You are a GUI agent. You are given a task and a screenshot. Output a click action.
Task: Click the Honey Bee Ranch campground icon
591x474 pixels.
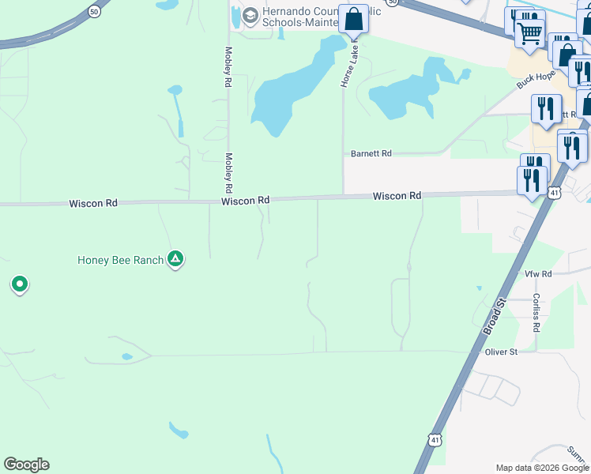coord(175,259)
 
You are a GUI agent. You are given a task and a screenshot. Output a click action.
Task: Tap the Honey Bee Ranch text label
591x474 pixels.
coord(120,259)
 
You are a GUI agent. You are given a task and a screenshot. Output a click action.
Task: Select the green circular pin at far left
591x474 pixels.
coord(20,284)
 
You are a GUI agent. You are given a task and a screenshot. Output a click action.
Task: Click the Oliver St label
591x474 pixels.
coord(501,352)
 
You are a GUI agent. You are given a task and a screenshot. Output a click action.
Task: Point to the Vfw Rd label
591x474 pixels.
coord(538,273)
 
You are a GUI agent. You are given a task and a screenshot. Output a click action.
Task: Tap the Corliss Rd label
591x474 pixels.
coord(536,312)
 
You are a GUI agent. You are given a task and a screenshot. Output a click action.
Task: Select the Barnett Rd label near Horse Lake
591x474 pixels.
coord(371,153)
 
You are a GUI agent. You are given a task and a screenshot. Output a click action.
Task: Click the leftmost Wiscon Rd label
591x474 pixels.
coord(93,203)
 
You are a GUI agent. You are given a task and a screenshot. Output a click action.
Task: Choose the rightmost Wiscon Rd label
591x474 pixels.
coord(397,196)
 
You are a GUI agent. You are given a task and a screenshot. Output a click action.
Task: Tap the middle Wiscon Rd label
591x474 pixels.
coord(246,201)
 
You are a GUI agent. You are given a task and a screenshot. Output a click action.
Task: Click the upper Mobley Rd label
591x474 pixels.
coord(228,66)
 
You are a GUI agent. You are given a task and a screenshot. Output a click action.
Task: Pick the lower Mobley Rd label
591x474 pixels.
coord(228,173)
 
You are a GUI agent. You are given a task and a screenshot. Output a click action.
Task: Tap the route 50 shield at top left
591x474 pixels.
coord(95,12)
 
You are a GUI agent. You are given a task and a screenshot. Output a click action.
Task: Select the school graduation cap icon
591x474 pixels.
coord(250,16)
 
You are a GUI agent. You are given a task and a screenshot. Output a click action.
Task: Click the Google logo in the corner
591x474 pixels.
coord(26,465)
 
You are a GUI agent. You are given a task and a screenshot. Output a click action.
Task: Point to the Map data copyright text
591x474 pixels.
coord(542,468)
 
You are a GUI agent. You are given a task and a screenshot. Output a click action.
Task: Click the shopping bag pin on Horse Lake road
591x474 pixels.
coord(353,19)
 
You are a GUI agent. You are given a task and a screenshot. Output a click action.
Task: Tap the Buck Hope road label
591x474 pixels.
coord(536,81)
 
